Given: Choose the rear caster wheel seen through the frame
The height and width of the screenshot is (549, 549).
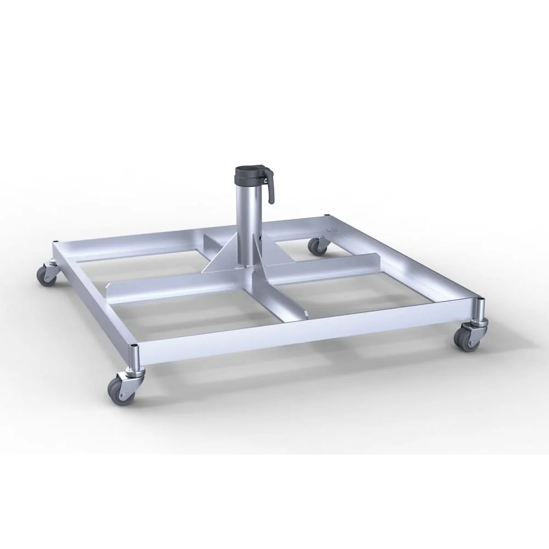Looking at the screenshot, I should (x=317, y=246).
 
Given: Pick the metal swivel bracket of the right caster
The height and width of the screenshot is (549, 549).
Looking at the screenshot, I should (x=473, y=328).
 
